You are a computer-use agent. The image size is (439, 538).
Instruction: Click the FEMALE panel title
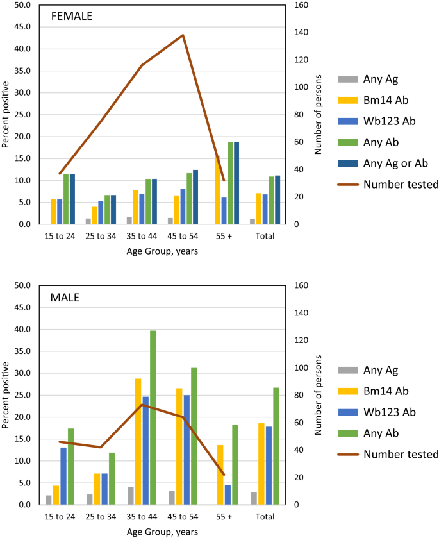point(72,17)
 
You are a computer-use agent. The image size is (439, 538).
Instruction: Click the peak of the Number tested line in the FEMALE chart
point(183,35)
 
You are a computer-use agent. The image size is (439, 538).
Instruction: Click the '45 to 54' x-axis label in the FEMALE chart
point(183,236)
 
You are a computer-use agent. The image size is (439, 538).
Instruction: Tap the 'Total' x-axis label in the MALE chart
point(265,516)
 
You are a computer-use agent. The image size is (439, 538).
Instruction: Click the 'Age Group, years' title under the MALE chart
point(162,532)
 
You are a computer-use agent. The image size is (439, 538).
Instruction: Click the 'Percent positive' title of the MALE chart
point(6,395)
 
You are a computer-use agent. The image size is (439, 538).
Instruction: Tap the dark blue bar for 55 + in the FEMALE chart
point(236,183)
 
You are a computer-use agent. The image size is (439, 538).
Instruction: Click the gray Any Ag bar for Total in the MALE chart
point(254,498)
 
